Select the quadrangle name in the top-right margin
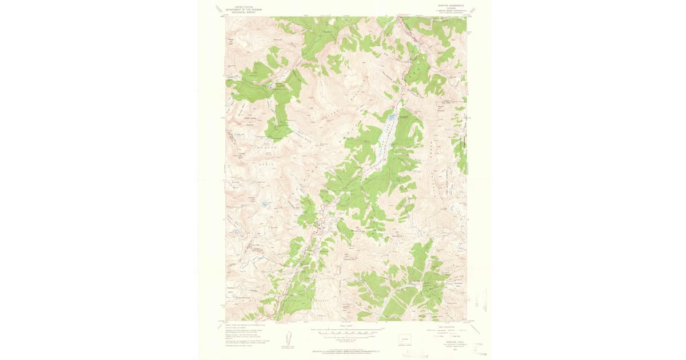(x=452, y=5)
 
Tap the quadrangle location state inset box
(x=407, y=337)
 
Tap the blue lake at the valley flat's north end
(x=392, y=118)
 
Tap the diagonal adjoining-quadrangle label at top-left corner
(x=219, y=9)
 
